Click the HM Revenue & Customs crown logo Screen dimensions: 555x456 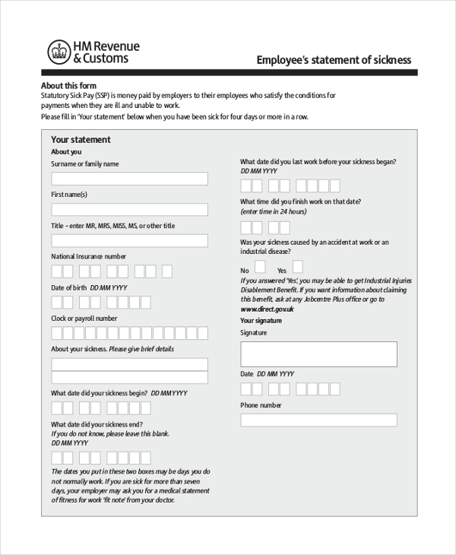59,52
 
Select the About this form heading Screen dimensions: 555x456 68,85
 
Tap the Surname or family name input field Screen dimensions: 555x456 129,179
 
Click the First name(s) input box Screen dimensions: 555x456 129,209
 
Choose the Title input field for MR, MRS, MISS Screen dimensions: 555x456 129,240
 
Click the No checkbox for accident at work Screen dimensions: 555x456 260,267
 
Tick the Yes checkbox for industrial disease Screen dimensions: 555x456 297,267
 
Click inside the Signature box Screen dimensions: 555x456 318,354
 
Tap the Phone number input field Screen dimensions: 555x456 318,420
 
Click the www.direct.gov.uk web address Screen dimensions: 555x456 267,309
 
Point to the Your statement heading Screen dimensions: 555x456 81,140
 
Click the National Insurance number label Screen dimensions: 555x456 88,257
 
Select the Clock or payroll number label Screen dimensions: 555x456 84,319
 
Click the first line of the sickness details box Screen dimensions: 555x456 129,364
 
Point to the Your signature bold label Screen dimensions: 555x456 261,321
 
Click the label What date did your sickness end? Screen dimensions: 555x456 97,424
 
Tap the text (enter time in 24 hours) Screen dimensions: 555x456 273,211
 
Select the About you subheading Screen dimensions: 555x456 66,152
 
